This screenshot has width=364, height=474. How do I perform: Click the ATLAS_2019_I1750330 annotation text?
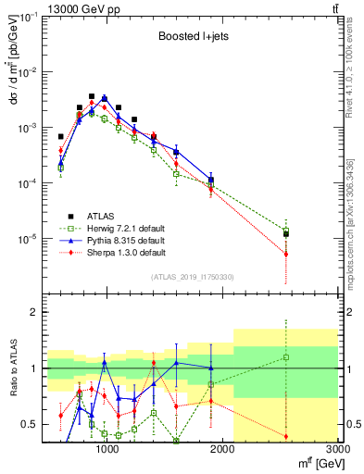point(193,276)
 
